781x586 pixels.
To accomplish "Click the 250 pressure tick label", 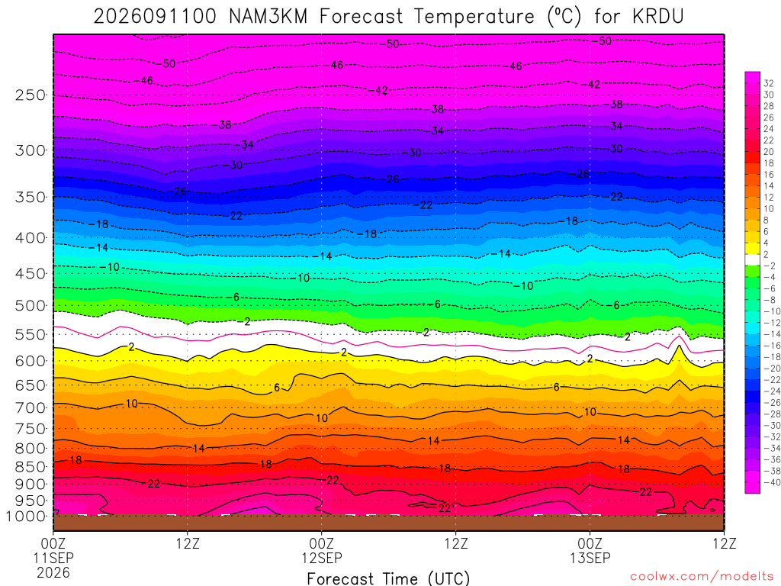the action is coord(31,95).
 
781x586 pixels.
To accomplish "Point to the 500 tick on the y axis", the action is coord(31,305).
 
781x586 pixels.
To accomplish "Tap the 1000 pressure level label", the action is coord(25,517).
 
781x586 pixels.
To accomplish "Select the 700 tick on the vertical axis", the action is coord(31,408).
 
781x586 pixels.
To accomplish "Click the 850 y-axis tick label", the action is coord(31,467).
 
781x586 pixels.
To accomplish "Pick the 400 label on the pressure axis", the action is coord(31,238).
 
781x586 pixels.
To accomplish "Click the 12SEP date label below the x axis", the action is coord(322,558).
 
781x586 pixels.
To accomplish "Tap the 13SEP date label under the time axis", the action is coord(590,558).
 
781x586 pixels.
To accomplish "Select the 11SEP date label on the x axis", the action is coord(53,558).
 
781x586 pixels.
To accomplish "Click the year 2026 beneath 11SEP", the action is coord(53,572).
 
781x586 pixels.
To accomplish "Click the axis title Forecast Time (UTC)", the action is coord(388,578).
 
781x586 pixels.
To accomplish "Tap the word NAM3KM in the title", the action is coord(268,17).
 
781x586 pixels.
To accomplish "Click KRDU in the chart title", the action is coord(658,17).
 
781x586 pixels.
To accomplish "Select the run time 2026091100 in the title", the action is coord(155,17).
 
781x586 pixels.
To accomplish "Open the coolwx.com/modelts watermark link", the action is coord(702,577).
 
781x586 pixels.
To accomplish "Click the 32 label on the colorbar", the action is coord(769,83).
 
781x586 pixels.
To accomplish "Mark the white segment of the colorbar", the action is coord(752,259).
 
